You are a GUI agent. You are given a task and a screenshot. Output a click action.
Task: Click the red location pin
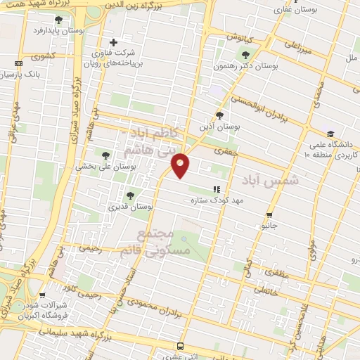[x=181, y=165]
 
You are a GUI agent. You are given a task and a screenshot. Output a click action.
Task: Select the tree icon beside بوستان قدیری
[x=129, y=195]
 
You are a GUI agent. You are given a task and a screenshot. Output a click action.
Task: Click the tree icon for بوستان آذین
[x=219, y=115]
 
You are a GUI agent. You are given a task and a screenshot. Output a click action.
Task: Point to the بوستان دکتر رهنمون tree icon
[x=245, y=54]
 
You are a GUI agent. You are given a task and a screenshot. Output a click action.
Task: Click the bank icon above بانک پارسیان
[x=18, y=64]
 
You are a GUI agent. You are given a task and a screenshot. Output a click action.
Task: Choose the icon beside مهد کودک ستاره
[x=217, y=189]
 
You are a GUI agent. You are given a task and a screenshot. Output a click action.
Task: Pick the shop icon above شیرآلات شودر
[x=44, y=296]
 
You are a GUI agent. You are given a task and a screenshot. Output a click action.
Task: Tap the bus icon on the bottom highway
[x=181, y=346]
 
